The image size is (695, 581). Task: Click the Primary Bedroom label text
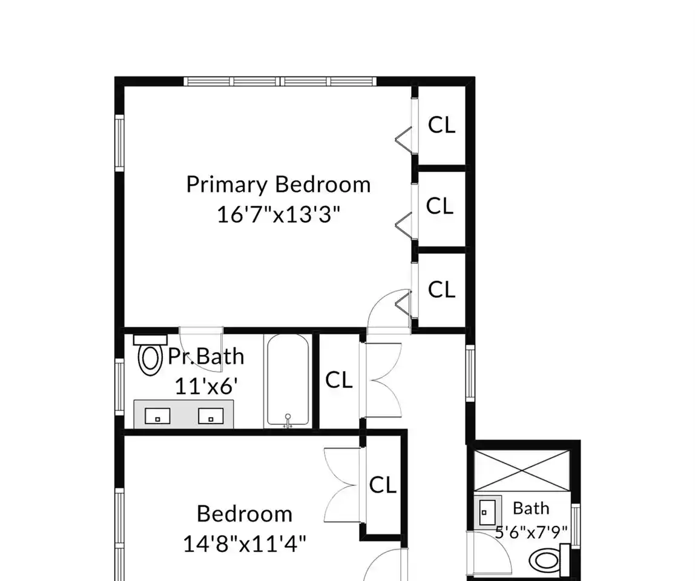click(x=278, y=185)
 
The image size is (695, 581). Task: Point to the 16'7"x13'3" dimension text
click(x=278, y=214)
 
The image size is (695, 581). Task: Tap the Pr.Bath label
click(x=206, y=357)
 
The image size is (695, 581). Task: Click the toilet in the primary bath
click(x=150, y=355)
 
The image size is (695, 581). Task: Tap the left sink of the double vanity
click(x=158, y=416)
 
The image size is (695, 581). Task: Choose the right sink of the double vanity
click(x=211, y=416)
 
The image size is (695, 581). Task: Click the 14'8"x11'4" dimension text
click(x=245, y=543)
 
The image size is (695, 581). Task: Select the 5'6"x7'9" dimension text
click(x=531, y=532)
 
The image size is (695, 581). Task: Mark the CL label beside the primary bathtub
click(x=339, y=380)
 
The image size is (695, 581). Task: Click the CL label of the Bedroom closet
click(x=383, y=485)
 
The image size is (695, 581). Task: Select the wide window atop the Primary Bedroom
click(x=280, y=81)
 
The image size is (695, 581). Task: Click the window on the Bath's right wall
click(x=576, y=525)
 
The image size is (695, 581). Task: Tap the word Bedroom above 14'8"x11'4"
click(x=245, y=514)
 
